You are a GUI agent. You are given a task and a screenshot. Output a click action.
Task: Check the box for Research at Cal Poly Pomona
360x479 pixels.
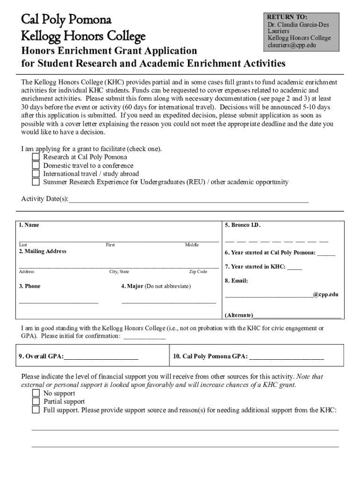coord(36,157)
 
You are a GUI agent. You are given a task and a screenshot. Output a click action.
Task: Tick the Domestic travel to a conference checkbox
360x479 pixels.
coord(36,166)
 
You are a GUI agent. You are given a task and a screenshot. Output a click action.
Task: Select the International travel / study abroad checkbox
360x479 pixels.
coord(36,174)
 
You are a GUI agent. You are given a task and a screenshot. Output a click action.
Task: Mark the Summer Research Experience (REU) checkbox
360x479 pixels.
coord(36,182)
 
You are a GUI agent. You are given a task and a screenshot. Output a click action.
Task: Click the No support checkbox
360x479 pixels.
coord(36,393)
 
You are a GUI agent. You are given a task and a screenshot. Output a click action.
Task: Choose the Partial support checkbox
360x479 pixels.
coord(36,401)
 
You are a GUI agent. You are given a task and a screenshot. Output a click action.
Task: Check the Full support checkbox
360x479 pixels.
coord(36,410)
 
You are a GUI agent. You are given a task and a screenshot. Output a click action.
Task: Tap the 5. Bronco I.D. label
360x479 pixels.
coord(242,225)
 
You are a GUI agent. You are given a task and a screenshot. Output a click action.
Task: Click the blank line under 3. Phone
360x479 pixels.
coord(58,302)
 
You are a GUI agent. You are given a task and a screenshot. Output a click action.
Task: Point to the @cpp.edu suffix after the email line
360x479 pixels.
coord(325,295)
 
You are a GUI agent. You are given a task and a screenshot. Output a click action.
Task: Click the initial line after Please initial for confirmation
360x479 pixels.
coord(144,336)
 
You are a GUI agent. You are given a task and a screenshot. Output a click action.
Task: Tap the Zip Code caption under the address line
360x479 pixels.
coord(198,272)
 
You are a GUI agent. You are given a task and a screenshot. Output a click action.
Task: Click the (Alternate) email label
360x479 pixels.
coord(239,315)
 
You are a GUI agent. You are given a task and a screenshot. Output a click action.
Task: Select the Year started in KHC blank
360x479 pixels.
coord(295,268)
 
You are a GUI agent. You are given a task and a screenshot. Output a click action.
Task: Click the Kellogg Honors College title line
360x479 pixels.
coord(83,36)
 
